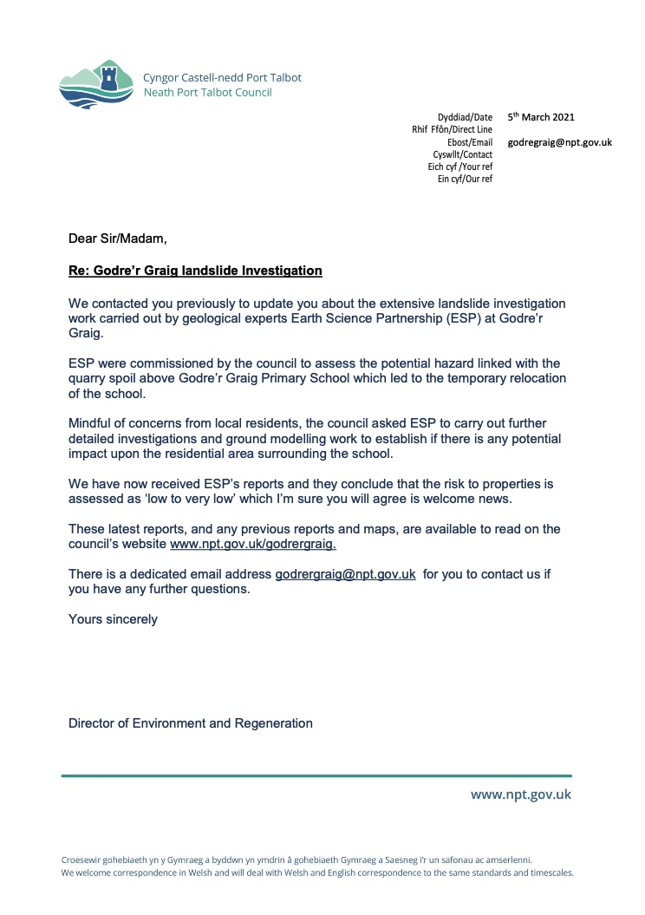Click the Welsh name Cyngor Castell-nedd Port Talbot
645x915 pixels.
(x=222, y=77)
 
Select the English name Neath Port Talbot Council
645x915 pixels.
(x=207, y=92)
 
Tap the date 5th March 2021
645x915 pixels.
(x=541, y=117)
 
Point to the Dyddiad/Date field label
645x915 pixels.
(x=465, y=117)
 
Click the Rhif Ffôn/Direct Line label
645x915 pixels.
(x=452, y=129)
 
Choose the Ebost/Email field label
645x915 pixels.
(x=469, y=142)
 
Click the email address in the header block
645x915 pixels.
(x=560, y=142)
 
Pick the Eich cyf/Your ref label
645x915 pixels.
(x=459, y=167)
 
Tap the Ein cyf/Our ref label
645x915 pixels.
(x=465, y=179)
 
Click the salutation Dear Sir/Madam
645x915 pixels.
(x=117, y=239)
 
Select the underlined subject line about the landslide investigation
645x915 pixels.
(x=195, y=271)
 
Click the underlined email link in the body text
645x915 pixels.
(x=346, y=574)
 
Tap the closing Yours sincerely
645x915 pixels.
(x=113, y=619)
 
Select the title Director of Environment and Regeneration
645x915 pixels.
(x=191, y=722)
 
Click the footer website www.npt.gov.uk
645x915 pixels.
(x=521, y=794)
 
